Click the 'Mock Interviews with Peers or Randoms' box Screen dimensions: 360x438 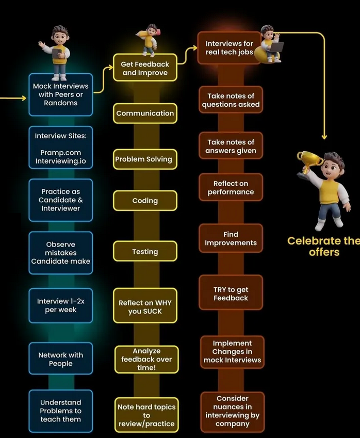61,94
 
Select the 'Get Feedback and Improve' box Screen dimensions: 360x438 145,69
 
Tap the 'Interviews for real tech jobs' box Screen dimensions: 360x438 229,48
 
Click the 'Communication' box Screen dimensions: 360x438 145,113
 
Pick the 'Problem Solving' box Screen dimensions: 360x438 145,159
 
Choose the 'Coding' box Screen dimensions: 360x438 145,201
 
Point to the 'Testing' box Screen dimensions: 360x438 145,252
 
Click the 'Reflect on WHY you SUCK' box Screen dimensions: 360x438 145,307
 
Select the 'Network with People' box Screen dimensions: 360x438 61,359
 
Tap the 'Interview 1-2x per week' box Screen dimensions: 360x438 61,305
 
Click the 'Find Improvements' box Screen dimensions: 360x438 231,238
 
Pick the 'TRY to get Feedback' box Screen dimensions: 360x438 231,294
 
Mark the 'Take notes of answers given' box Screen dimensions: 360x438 231,146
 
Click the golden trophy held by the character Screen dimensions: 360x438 309,160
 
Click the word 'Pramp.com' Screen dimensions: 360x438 61,153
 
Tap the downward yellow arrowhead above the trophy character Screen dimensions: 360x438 324,137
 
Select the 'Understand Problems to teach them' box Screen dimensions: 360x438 61,411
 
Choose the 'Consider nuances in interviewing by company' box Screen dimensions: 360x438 232,411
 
